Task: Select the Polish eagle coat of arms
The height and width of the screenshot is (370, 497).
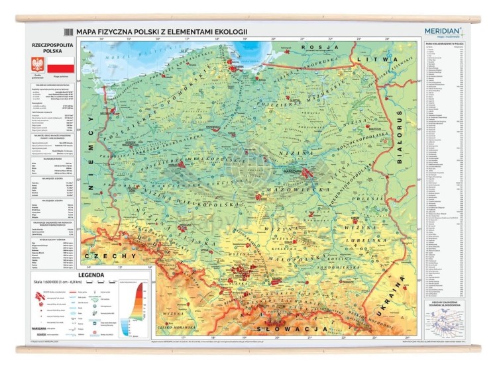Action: [37, 65]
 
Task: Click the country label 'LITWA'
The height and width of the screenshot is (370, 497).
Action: [371, 60]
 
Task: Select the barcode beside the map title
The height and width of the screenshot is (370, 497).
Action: [68, 32]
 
